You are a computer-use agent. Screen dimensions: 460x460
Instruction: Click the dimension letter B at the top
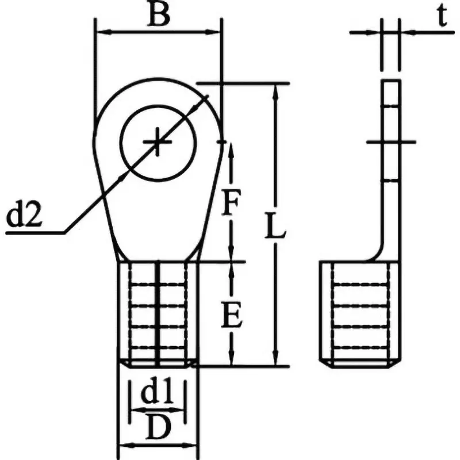158,16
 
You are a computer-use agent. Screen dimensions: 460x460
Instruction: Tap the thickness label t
441,17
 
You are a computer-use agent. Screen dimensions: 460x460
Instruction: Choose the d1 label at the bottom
157,394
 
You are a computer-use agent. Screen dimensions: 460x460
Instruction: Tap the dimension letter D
158,428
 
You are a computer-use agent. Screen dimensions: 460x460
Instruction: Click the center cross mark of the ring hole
158,141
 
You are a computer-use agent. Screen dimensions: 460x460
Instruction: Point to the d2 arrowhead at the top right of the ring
204,98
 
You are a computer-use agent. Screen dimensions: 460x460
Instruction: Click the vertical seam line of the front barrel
158,313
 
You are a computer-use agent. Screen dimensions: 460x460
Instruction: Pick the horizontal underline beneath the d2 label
34,233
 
